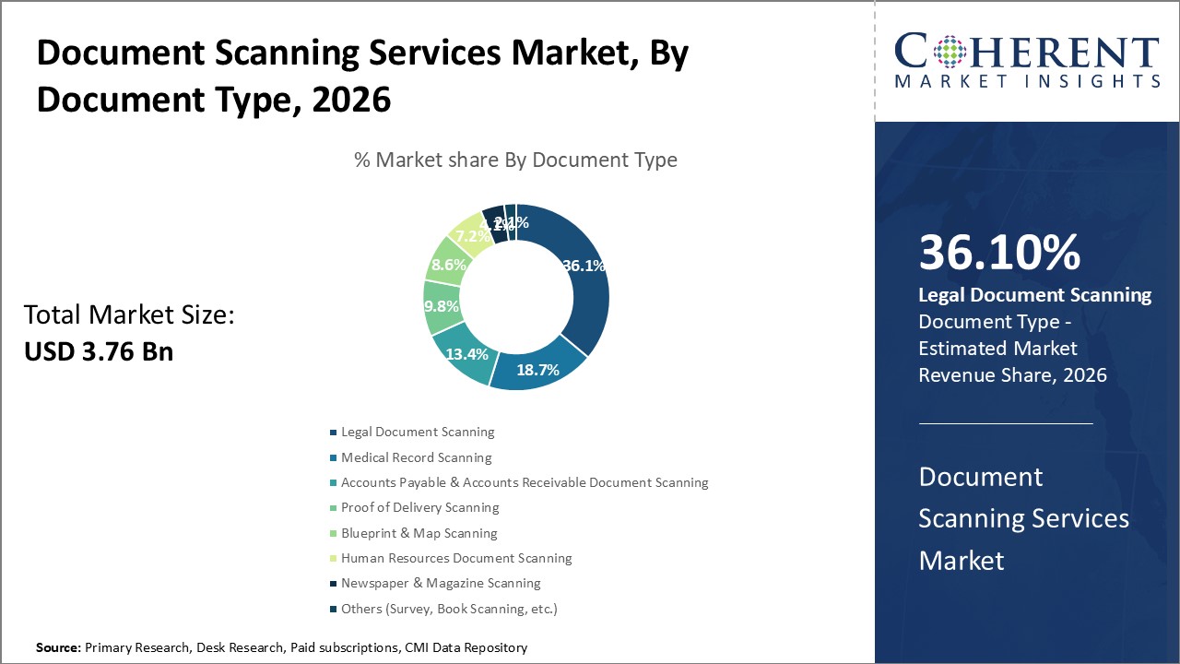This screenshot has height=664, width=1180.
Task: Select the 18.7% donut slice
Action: tap(537, 369)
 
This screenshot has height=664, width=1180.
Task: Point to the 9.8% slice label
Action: tap(442, 306)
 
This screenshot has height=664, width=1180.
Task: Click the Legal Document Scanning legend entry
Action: tap(418, 432)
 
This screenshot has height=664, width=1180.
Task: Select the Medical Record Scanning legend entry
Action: tap(416, 457)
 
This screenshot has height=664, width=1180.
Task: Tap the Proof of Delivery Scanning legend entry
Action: tap(419, 507)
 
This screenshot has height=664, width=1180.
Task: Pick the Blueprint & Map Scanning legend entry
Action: tap(419, 533)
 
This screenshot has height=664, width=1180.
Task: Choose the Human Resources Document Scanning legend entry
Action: tap(456, 558)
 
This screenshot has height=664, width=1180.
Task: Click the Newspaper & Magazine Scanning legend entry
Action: tap(441, 583)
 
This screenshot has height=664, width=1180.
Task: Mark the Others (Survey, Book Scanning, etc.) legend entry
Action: tap(449, 609)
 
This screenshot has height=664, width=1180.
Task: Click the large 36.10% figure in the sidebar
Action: tap(999, 254)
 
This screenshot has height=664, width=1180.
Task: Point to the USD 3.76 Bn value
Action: tap(99, 351)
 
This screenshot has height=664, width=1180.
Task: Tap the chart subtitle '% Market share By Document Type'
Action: tap(515, 160)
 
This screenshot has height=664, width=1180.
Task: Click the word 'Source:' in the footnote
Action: tap(59, 648)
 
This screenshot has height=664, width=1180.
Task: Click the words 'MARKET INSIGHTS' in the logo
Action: tap(1027, 81)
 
